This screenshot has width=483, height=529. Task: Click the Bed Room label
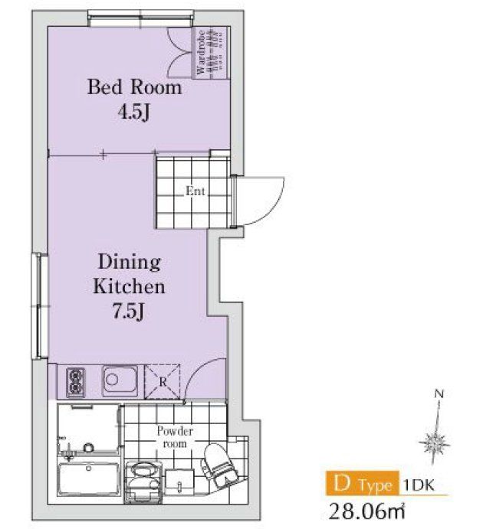tap(134, 87)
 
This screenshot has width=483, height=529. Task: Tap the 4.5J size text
tap(133, 112)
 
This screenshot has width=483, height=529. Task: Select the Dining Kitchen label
tap(129, 274)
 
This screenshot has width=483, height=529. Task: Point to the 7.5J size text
tap(128, 311)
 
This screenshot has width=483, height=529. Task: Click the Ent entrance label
tap(195, 191)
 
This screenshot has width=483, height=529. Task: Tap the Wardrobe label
tap(200, 52)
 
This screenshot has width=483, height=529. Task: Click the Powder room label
tap(175, 437)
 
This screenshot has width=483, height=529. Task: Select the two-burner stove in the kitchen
tap(75, 382)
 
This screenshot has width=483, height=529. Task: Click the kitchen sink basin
tap(120, 380)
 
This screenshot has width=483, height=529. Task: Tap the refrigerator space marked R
tap(163, 381)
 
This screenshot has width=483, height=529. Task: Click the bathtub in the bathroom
tap(88, 478)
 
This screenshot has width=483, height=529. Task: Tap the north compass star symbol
tap(435, 442)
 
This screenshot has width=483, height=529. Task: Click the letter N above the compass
tap(439, 393)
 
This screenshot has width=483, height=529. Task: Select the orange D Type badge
tap(363, 483)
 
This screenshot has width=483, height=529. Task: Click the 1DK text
tap(419, 485)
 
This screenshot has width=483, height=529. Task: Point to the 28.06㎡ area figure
tap(366, 511)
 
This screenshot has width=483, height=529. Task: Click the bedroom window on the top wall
tap(141, 18)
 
